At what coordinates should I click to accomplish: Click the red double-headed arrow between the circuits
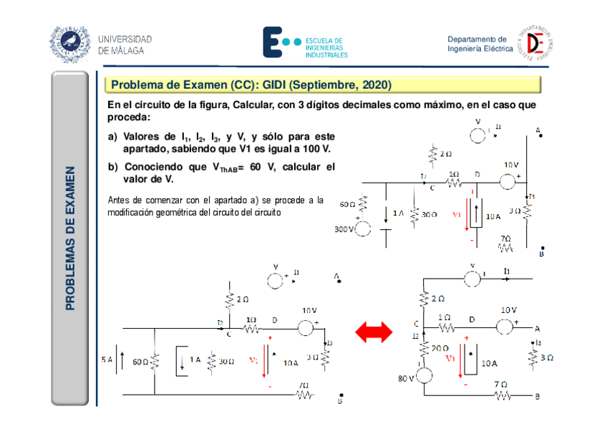click(374, 332)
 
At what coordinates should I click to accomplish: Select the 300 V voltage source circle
click(363, 229)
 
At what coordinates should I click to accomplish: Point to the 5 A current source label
click(107, 360)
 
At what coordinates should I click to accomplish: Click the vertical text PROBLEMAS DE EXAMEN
click(70, 238)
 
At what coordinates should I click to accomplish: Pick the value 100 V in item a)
click(316, 149)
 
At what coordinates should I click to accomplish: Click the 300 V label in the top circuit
click(344, 229)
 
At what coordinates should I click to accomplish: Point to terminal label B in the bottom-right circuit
click(537, 395)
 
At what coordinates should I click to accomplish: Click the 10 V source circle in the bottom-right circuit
click(504, 327)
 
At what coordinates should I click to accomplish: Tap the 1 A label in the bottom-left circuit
click(195, 361)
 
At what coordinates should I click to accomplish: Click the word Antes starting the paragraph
click(119, 200)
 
